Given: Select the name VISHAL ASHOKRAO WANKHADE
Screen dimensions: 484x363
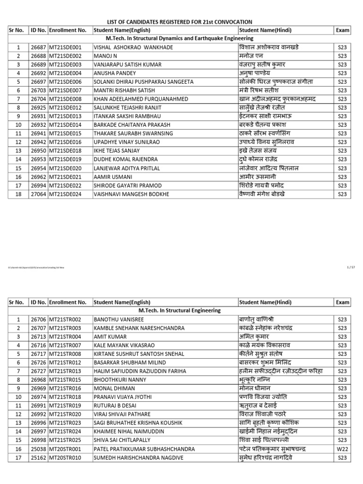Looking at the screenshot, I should pos(133,47).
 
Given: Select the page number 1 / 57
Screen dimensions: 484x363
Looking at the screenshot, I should pos(350,268).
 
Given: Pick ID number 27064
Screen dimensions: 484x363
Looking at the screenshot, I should pos(38,194).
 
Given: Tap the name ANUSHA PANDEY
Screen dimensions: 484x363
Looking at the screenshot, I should pos(115,73).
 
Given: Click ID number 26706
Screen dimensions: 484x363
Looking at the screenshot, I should pos(38,320).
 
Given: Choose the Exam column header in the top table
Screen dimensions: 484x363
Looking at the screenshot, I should pos(342,30).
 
